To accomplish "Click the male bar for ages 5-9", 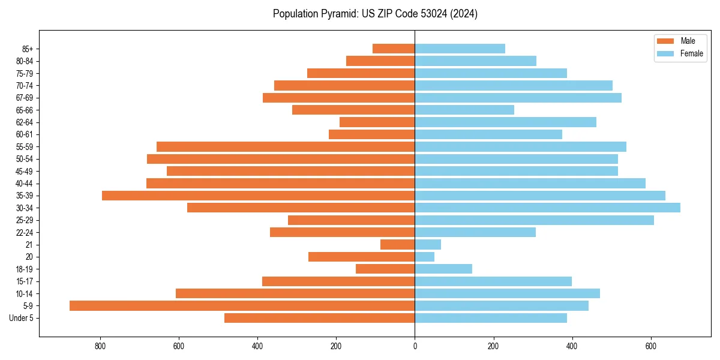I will point(242,305).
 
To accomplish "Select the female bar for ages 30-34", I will point(547,208).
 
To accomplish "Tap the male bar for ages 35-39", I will point(258,196).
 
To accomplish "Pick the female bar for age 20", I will point(424,257).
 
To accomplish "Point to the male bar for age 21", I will point(397,244).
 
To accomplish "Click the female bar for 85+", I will point(460,49).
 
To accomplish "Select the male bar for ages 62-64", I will point(377,122).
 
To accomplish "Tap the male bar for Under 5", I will point(319,318).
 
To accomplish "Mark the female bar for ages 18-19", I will point(443,269).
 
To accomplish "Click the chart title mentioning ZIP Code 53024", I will point(375,14).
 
